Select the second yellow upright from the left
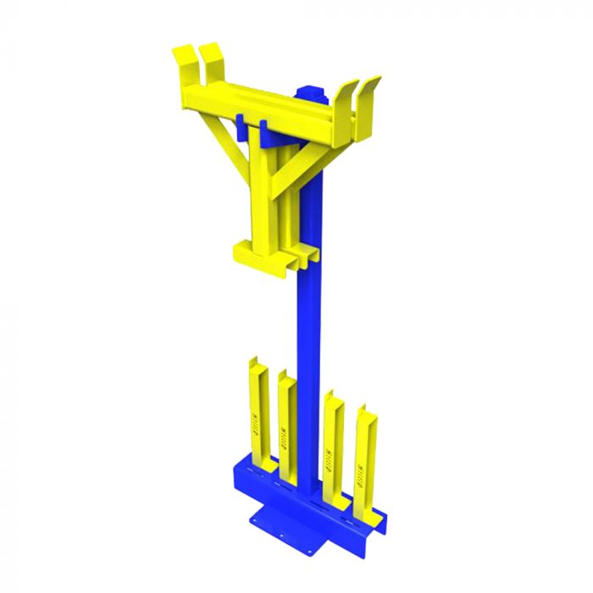(287, 415)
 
